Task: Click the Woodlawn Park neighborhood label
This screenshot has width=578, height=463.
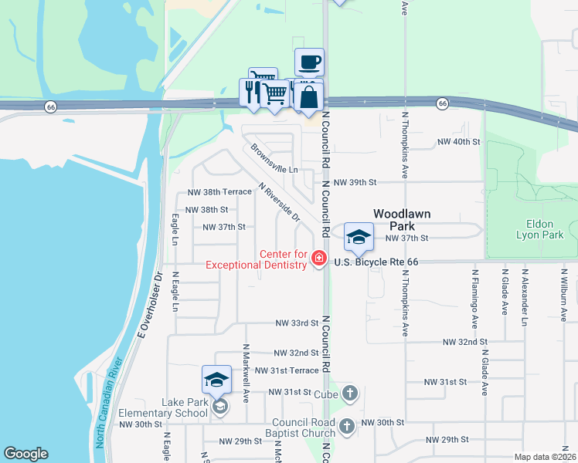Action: [402, 219]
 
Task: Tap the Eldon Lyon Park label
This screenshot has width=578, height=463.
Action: [539, 229]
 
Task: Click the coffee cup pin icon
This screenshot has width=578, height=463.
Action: [309, 62]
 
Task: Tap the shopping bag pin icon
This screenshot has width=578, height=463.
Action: [308, 97]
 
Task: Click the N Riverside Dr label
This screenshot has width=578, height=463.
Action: [279, 203]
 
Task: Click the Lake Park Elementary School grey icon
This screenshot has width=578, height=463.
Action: [220, 407]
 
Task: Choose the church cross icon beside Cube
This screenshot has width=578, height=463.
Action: [350, 394]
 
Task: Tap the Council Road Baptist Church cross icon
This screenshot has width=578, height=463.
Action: [347, 426]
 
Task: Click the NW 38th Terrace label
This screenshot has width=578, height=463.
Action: [219, 191]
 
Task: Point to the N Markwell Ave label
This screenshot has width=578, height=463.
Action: [246, 373]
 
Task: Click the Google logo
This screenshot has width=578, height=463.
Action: [25, 454]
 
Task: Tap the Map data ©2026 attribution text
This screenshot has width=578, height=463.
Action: [545, 457]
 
